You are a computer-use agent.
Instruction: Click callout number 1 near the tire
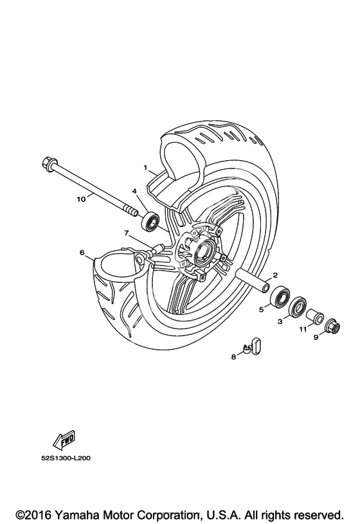point(145,167)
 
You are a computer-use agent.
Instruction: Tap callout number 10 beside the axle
point(81,199)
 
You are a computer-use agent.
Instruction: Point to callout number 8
point(233,357)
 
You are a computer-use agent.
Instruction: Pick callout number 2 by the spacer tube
point(275,275)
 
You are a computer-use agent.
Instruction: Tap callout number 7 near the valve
point(127,233)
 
